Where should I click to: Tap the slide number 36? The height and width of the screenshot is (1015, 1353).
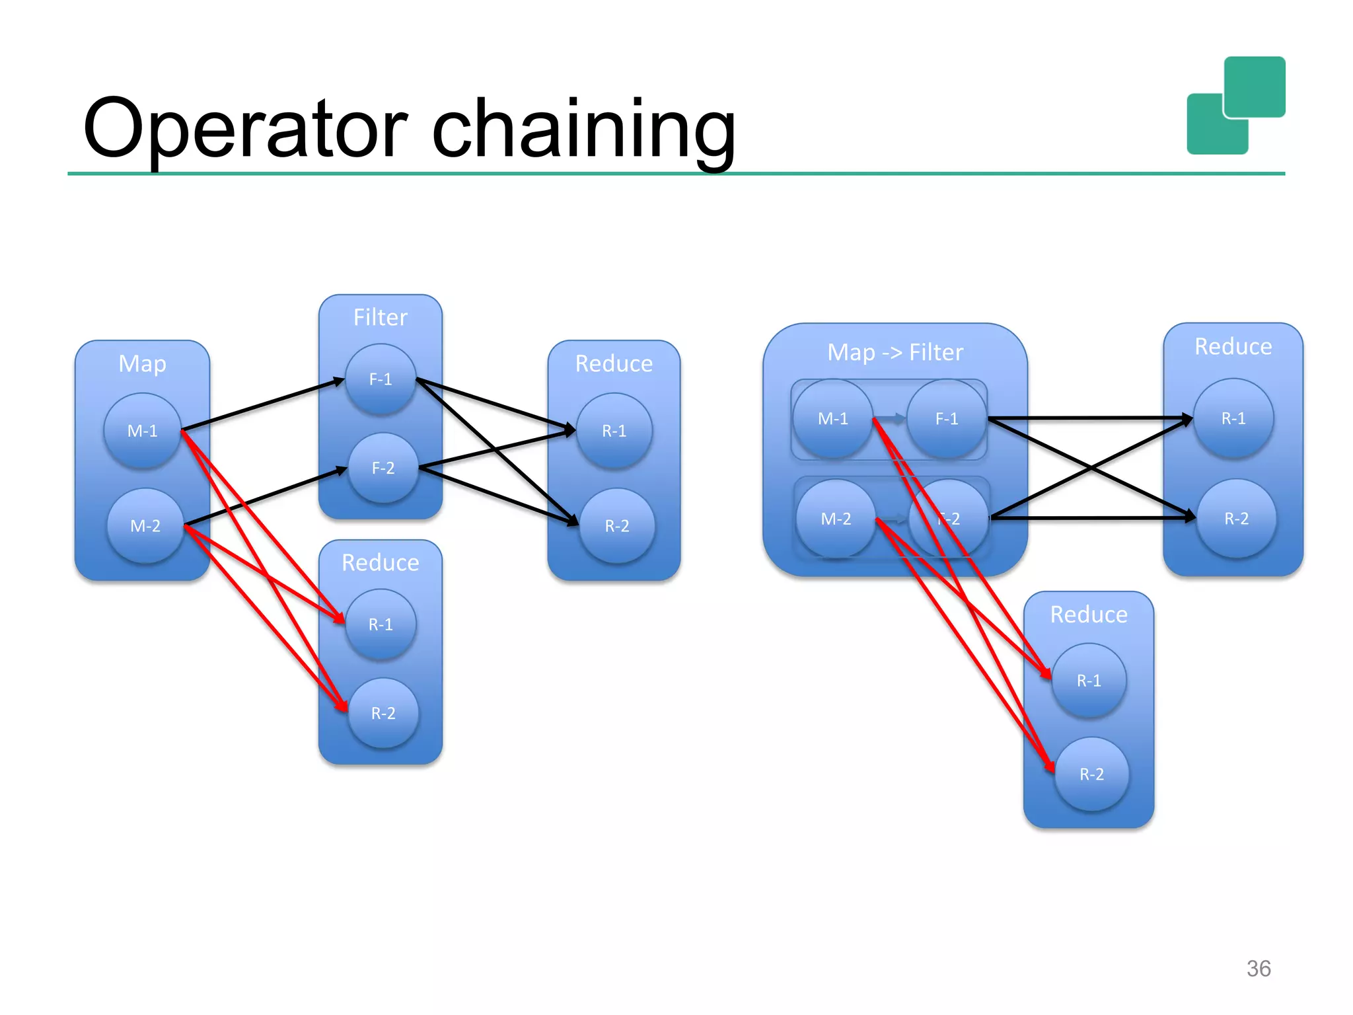(x=1258, y=968)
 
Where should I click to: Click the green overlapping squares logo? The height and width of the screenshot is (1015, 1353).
(x=1235, y=106)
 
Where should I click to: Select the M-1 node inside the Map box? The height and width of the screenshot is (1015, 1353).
(x=142, y=431)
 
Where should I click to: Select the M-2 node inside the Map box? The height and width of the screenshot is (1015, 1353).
(x=145, y=526)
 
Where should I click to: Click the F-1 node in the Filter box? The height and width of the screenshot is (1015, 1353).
(x=381, y=379)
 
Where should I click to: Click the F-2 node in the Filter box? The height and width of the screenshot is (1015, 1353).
(x=383, y=468)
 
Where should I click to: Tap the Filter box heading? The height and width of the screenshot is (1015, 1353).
(x=380, y=317)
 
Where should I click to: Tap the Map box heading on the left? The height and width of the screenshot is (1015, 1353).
(x=142, y=363)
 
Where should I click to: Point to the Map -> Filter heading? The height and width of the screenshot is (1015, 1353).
(x=895, y=352)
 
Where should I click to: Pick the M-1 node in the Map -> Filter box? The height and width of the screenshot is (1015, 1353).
(x=832, y=418)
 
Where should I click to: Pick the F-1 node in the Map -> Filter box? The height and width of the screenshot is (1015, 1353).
(x=947, y=418)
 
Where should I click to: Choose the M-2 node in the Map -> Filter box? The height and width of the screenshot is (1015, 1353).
(x=836, y=519)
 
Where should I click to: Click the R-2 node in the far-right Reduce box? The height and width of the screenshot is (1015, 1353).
(x=1236, y=519)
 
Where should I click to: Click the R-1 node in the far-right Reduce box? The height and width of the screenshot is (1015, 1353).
(x=1233, y=418)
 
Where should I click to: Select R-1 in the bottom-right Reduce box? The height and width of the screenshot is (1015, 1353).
(x=1089, y=681)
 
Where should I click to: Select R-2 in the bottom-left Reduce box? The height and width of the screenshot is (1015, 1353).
(x=383, y=713)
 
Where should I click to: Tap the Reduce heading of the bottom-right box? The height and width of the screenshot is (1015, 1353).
(x=1089, y=615)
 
